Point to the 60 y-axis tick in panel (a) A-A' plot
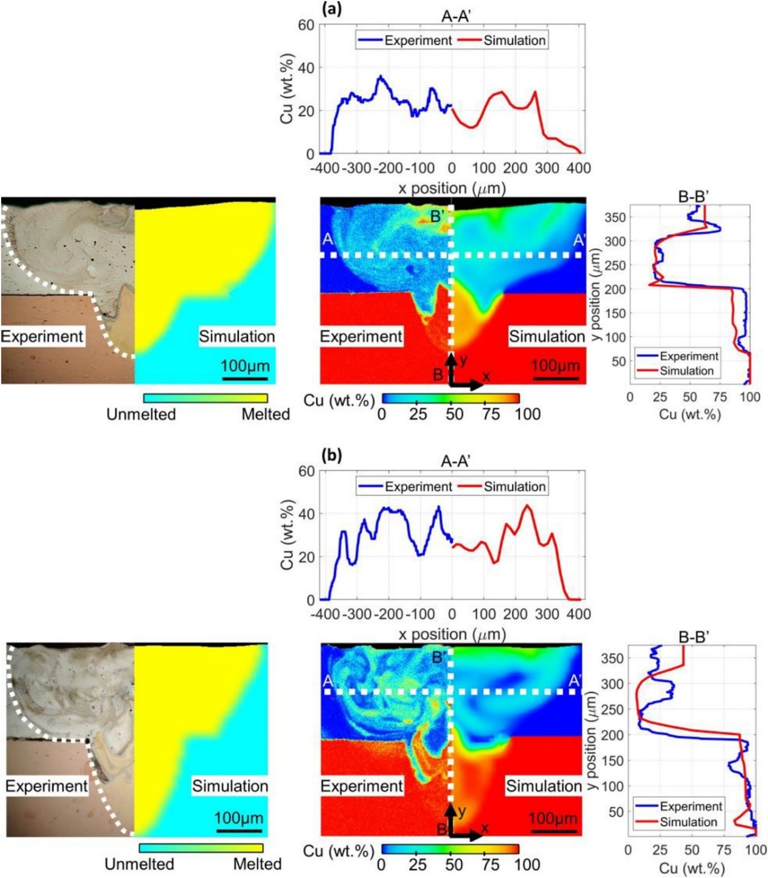(x=306, y=25)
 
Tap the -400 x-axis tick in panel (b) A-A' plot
(x=325, y=614)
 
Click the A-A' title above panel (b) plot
(x=456, y=462)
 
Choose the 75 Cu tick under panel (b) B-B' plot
(x=724, y=850)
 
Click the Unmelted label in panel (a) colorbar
(x=141, y=415)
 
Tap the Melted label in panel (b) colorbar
(x=257, y=864)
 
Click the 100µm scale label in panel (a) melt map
(x=245, y=366)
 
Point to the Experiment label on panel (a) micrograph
(x=42, y=337)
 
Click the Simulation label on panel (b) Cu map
(x=543, y=786)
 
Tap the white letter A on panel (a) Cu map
(x=327, y=240)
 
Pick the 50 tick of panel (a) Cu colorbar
(x=455, y=414)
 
